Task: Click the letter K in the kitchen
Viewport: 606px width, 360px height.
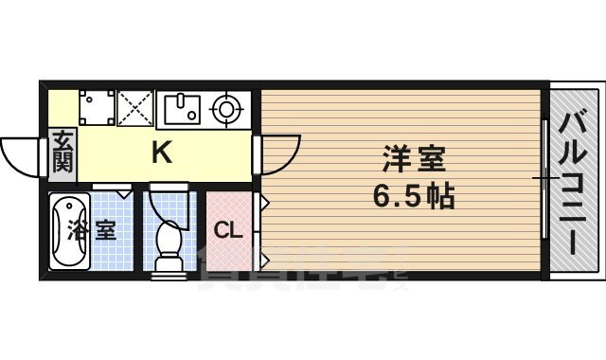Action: pos(162,153)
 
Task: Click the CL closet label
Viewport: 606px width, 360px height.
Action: pos(227,230)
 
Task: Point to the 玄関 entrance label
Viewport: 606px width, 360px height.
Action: pos(62,152)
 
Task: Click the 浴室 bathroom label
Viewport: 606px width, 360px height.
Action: pos(92,230)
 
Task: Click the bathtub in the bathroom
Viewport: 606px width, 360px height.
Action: pos(66,230)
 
